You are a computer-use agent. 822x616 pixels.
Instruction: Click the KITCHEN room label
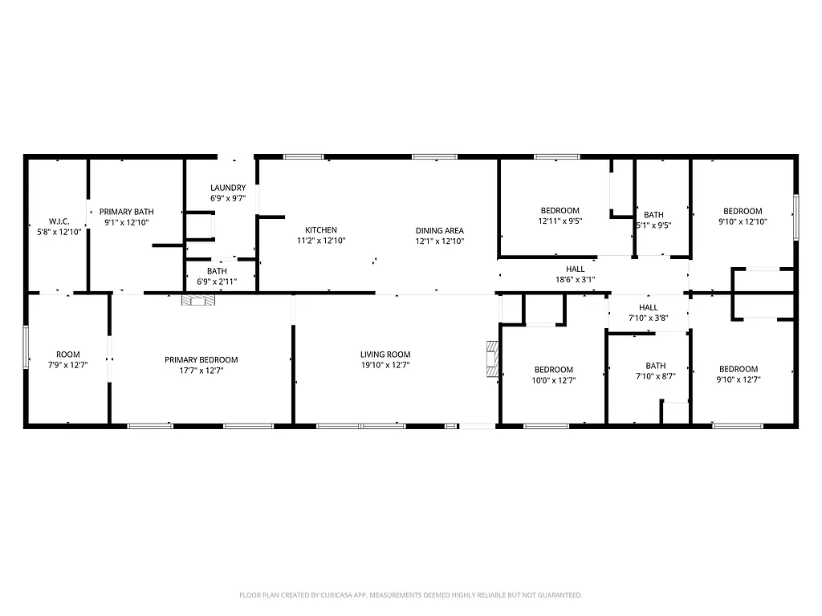(321, 230)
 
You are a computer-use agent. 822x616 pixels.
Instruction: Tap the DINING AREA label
(439, 230)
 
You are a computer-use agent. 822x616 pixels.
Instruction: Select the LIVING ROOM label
(385, 355)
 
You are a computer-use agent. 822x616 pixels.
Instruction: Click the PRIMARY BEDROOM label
(201, 360)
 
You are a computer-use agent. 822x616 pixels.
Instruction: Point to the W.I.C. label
(59, 221)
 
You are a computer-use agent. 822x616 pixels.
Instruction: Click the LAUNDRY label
(228, 188)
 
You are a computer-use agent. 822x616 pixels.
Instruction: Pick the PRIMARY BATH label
(126, 212)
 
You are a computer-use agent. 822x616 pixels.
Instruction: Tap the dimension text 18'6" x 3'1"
(575, 280)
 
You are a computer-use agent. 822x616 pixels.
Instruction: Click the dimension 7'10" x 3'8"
(648, 318)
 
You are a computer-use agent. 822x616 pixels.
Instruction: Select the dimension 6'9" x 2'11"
(217, 282)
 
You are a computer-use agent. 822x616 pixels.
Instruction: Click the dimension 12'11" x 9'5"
(560, 221)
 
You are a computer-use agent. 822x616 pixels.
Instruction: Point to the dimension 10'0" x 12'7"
(555, 380)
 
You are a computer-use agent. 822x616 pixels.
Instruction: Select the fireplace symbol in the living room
(491, 359)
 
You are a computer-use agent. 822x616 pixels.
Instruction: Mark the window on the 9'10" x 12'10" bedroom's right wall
(796, 217)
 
